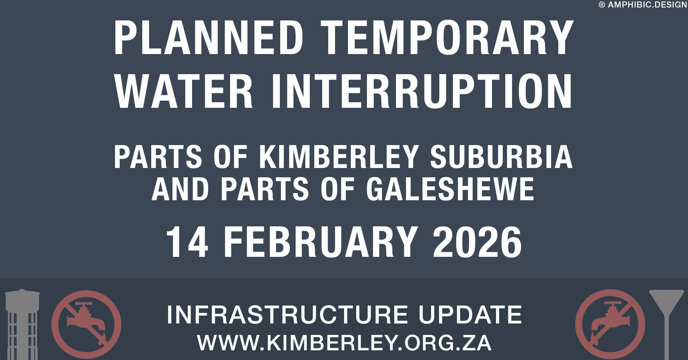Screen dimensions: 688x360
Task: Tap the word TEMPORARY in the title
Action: click(x=447, y=37)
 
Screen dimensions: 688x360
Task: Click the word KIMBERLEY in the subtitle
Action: click(x=339, y=157)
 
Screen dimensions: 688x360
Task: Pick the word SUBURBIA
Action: click(x=501, y=157)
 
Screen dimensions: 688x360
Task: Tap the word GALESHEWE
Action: click(x=450, y=189)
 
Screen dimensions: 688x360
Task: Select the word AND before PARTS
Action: click(x=180, y=189)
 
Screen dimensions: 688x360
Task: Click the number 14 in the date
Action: click(x=187, y=242)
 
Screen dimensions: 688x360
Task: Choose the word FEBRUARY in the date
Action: click(x=321, y=242)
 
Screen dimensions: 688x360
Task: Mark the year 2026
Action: click(x=477, y=242)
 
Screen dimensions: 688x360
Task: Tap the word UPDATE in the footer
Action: click(x=470, y=315)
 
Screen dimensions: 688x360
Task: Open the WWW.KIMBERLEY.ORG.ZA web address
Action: click(x=344, y=343)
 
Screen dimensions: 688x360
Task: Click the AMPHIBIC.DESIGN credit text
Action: click(x=648, y=5)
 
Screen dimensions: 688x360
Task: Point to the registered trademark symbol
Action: click(x=602, y=5)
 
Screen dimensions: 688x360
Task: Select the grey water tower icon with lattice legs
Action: click(x=22, y=324)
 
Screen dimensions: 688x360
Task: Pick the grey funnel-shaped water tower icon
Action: click(x=666, y=324)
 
